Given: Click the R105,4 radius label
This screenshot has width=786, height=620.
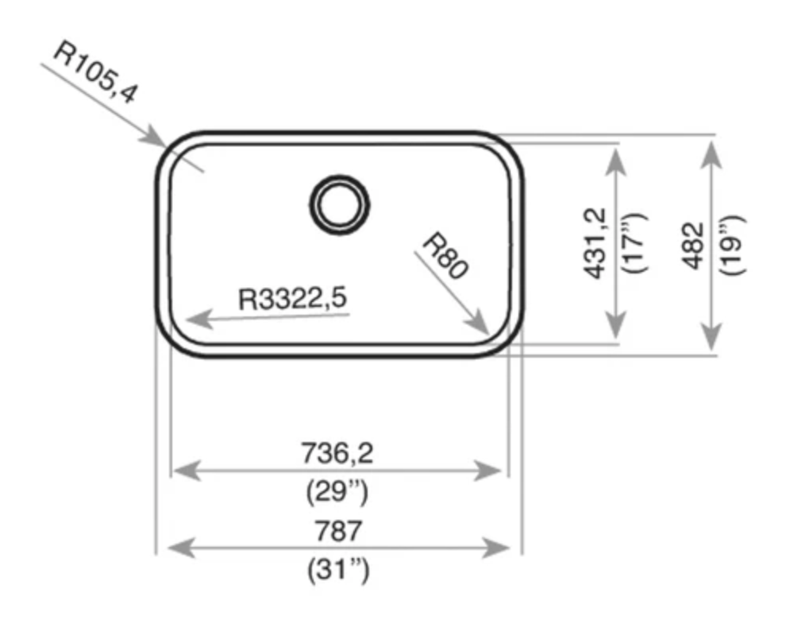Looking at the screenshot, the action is pos(95,72).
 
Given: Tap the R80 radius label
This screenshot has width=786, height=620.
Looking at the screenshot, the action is pos(445,255).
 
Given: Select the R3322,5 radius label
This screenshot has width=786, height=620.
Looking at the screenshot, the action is pos(292,298).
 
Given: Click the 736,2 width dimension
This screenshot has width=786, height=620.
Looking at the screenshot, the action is pos(337,453).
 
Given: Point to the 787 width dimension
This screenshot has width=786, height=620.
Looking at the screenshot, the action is pos(338,531).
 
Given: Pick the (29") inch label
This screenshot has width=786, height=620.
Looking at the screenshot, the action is pos(337,491).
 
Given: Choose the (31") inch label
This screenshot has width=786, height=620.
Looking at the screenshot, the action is pos(338,570).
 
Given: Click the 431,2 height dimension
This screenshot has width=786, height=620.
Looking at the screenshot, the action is pos(595,243).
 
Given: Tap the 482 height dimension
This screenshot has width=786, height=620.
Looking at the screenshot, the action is pos(693,246).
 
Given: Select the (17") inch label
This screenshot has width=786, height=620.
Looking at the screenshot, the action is pos(634,243).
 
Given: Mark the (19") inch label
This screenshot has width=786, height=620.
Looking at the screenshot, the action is pos(732,245).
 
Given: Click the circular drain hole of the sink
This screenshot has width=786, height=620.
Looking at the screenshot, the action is pos(339,205).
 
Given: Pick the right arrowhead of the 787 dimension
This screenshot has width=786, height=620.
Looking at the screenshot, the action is pos(495,548).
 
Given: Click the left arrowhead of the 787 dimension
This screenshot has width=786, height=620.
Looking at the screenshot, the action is pos(180,548).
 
